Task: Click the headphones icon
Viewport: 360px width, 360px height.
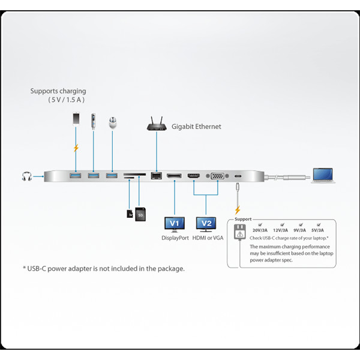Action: [26, 176]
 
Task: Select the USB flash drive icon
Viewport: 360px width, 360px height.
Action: [94, 121]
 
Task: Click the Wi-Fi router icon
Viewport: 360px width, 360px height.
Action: [157, 125]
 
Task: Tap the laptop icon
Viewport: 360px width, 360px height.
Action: [325, 175]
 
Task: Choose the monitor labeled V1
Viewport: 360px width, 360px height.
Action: [174, 224]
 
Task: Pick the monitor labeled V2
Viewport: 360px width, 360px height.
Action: [206, 224]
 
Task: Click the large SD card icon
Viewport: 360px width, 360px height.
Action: [140, 214]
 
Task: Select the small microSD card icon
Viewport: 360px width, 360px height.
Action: [130, 213]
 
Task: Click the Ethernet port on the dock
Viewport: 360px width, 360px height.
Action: [157, 176]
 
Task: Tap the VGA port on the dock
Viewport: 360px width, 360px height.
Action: [217, 176]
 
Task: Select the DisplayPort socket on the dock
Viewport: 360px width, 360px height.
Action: [174, 176]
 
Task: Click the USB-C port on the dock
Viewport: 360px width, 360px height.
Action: [239, 176]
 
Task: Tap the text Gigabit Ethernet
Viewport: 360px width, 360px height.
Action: [196, 127]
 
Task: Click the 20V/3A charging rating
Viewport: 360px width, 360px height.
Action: [260, 230]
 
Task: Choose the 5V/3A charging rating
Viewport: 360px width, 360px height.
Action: [316, 230]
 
